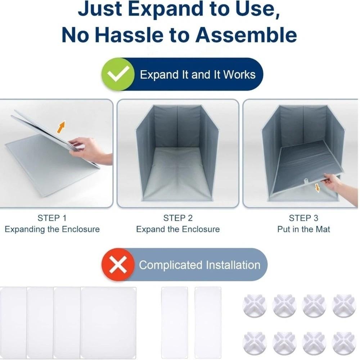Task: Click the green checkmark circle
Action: (118, 74)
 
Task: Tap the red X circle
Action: (118, 265)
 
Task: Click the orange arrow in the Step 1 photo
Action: (61, 127)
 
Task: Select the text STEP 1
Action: (52, 218)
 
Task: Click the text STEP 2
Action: (178, 218)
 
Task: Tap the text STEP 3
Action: (303, 218)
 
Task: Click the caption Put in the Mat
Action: (303, 229)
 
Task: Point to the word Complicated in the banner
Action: (171, 265)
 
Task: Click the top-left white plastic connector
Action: (255, 306)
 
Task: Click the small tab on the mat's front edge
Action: (306, 181)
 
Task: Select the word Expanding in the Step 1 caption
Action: (25, 229)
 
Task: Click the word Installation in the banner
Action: (233, 265)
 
